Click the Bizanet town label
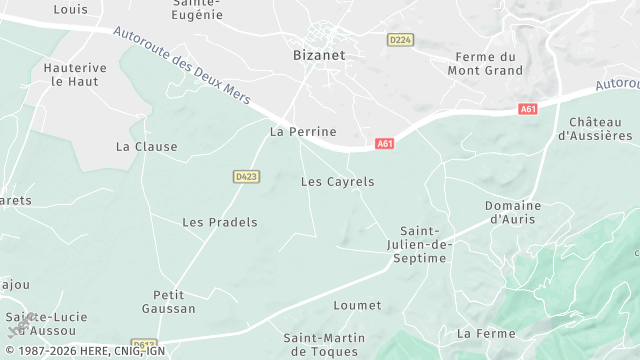click(318, 55)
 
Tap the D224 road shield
click(400, 39)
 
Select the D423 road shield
click(246, 176)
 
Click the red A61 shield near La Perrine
click(385, 144)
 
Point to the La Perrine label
click(303, 131)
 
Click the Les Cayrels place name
click(337, 182)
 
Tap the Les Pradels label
click(219, 222)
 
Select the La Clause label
click(146, 146)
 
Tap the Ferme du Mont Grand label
click(485, 64)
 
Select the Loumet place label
click(357, 305)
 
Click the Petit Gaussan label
click(174, 302)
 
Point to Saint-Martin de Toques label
click(322, 344)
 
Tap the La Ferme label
click(485, 333)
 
